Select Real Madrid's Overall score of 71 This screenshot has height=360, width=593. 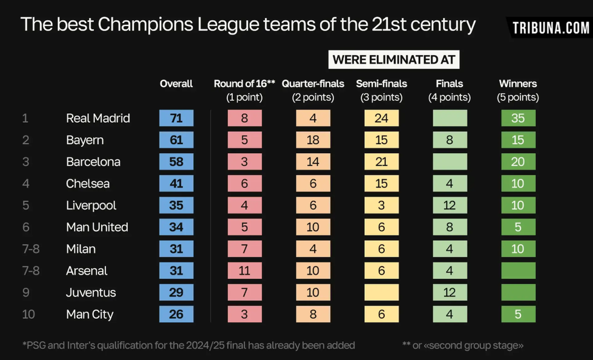tap(176, 118)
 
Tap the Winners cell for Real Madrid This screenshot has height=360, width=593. tap(518, 118)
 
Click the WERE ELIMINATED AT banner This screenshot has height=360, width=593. tap(393, 60)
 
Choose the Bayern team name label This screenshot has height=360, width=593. tap(85, 140)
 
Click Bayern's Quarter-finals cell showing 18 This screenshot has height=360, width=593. tap(313, 140)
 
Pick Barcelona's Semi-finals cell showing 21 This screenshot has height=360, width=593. tap(381, 162)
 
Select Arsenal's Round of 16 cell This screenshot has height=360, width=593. tap(244, 270)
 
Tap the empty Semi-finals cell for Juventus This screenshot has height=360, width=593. tap(381, 292)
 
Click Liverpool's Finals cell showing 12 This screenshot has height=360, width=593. tap(450, 205)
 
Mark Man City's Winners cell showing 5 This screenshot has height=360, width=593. tap(518, 314)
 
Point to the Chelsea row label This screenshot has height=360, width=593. tap(88, 183)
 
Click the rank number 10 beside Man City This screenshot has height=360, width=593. tap(29, 314)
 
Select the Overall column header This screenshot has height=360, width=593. tap(176, 83)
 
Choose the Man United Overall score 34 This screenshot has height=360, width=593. tap(176, 227)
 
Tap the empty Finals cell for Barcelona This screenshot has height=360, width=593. tap(450, 162)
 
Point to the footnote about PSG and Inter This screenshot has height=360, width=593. tap(189, 345)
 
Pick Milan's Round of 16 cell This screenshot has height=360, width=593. tap(244, 249)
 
